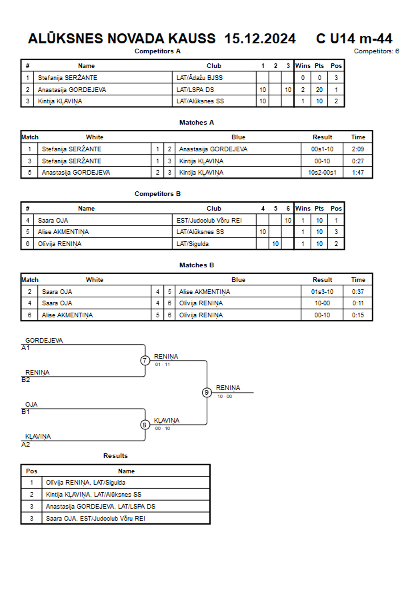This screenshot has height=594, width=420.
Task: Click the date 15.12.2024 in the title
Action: (x=260, y=39)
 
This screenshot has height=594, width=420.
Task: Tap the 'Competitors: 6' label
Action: (x=377, y=51)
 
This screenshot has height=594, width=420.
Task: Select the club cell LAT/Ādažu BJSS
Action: (x=199, y=77)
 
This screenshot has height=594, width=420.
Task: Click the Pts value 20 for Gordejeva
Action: (x=319, y=90)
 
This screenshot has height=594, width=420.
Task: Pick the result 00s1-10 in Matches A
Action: (x=322, y=149)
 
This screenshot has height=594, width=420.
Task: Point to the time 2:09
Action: (x=358, y=149)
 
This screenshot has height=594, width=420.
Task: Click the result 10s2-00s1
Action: (x=322, y=173)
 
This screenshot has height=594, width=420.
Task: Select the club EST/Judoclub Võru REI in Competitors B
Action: (x=209, y=221)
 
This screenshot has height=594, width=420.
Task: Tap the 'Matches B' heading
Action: (x=197, y=265)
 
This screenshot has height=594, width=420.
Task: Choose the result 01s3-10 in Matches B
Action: (x=322, y=292)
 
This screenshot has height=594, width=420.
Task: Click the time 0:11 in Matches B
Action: (x=358, y=303)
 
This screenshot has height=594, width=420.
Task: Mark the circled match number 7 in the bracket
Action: (x=145, y=360)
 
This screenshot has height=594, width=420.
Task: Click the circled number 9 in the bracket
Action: (x=207, y=393)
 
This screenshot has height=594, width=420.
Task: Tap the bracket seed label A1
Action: (x=25, y=348)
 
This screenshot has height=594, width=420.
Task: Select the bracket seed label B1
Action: (x=25, y=412)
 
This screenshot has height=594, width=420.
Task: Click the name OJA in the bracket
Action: (x=31, y=405)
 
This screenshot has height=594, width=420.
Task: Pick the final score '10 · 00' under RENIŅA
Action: (x=225, y=397)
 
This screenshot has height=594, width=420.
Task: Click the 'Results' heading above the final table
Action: (x=115, y=456)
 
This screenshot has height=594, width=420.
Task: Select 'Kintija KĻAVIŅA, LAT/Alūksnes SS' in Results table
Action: (x=93, y=495)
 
